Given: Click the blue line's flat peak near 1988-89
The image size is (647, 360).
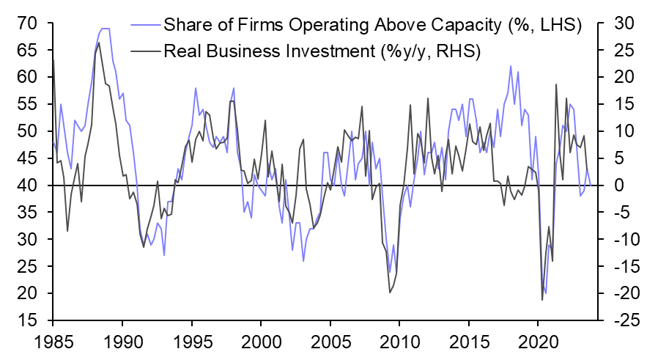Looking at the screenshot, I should point(105,29).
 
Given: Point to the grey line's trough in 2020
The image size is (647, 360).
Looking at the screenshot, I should point(542,300).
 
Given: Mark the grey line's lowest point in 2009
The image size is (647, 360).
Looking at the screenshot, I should point(389,293).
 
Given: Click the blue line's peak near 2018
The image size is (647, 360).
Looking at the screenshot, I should point(511,66).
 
